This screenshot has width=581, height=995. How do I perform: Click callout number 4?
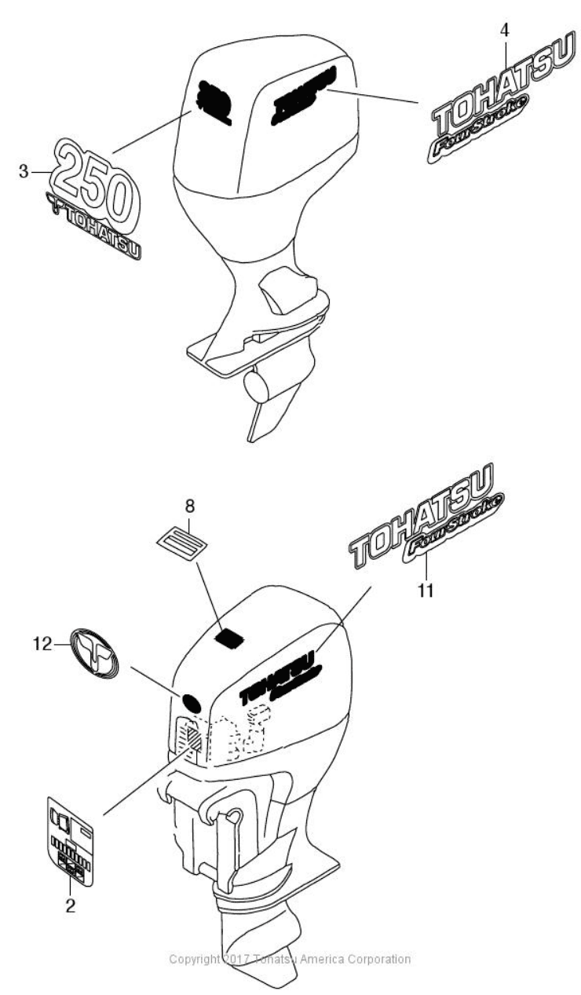point(505,31)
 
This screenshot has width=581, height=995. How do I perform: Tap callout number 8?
point(189,503)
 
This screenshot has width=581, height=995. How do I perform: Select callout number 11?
point(425,590)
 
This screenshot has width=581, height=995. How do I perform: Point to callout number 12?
point(42,645)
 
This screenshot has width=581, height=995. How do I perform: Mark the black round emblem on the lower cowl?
point(192,701)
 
